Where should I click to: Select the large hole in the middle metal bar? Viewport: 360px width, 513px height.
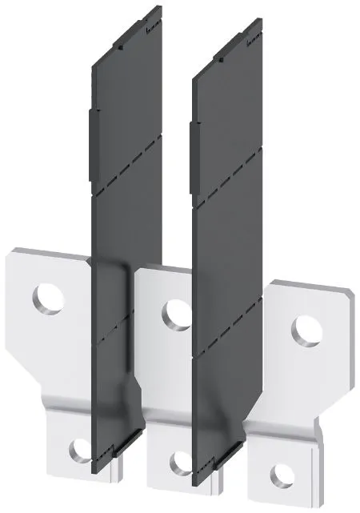tap(174, 313)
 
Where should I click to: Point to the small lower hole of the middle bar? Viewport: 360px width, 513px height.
tap(181, 463)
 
